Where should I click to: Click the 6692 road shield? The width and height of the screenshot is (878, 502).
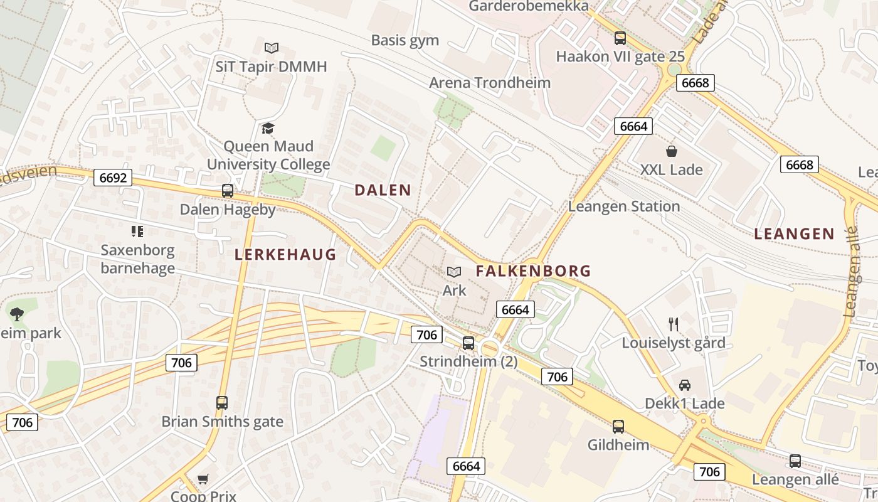click(x=113, y=178)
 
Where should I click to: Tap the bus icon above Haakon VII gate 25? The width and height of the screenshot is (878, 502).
click(x=620, y=38)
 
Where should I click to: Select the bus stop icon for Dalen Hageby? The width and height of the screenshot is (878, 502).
click(x=228, y=191)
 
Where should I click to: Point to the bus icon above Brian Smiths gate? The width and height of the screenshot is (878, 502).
click(x=222, y=403)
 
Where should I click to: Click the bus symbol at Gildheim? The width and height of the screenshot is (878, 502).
click(x=618, y=427)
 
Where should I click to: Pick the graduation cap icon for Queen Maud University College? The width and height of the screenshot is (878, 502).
click(x=268, y=129)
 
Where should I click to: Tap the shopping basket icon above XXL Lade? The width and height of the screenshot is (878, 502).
click(x=672, y=151)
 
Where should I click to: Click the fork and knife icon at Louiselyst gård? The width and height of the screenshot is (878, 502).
click(x=674, y=324)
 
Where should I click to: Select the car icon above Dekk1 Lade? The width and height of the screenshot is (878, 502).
click(x=685, y=385)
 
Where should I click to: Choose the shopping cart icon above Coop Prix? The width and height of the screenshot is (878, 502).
click(x=203, y=479)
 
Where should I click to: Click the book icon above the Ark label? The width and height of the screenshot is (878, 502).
click(x=454, y=272)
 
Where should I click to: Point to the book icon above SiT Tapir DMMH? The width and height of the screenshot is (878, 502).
click(x=272, y=48)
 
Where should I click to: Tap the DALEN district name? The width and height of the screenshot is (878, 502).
click(x=383, y=190)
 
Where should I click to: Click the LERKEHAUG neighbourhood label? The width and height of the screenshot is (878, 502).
click(x=285, y=254)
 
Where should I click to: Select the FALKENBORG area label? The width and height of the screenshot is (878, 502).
click(x=533, y=271)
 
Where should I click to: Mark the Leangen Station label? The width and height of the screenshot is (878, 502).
click(x=624, y=206)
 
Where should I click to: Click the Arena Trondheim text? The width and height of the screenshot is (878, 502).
click(x=490, y=83)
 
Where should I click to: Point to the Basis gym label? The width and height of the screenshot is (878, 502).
click(x=405, y=41)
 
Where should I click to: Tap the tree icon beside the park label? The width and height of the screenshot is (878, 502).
click(x=17, y=314)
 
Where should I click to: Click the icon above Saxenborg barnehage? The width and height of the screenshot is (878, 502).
click(x=137, y=232)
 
